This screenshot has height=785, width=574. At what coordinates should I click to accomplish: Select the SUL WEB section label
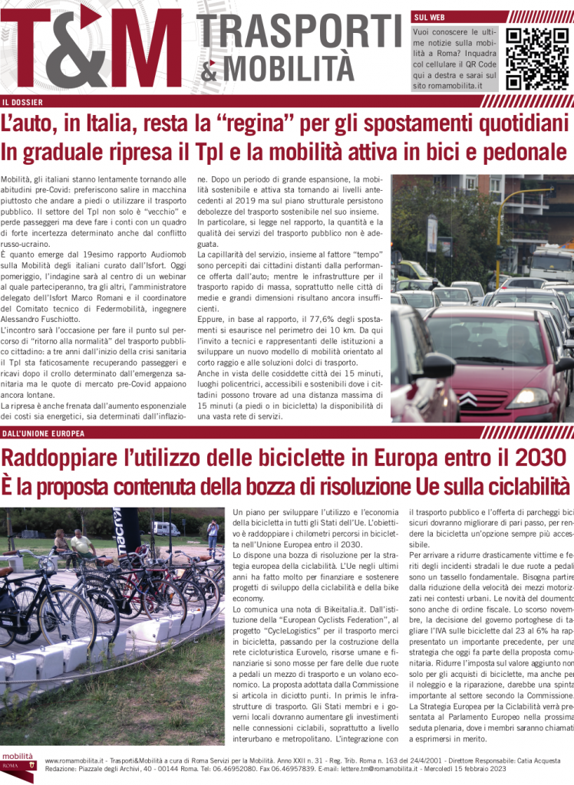coord(430,16)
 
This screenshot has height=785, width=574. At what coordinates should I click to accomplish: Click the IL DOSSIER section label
coord(22,102)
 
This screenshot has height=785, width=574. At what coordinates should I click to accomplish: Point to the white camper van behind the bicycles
coord(166,528)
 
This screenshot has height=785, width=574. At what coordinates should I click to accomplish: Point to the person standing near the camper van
coord(213,534)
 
